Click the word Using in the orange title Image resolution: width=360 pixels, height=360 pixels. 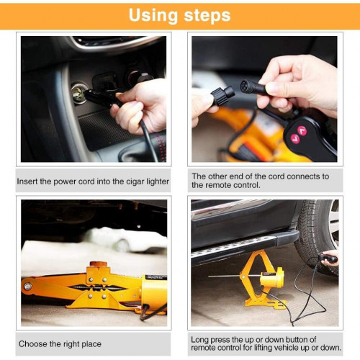pos(153,15)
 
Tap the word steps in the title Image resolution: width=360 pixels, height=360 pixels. pos(207,16)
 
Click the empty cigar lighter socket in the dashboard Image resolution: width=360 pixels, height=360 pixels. pos(78,93)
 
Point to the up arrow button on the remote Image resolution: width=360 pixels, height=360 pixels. pos(302,131)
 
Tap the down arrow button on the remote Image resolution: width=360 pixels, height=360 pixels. pos(295,139)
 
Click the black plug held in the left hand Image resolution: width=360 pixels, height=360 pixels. pos(222,96)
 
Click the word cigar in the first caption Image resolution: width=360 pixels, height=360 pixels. pos(135,181)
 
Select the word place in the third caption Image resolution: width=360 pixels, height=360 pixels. pos(91,344)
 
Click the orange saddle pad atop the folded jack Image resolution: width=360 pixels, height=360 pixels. pos(98,264)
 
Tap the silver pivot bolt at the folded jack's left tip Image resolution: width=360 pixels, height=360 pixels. pos(28,287)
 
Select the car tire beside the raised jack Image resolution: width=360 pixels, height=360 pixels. pos(316,237)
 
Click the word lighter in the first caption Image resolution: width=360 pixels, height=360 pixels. pos(158,181)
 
